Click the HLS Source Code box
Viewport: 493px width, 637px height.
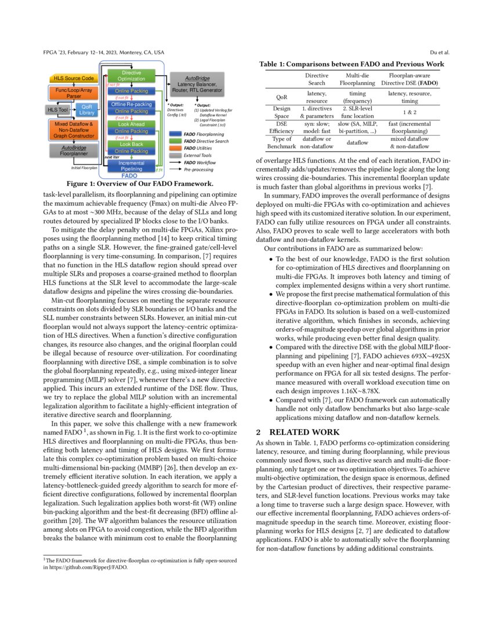(74, 78)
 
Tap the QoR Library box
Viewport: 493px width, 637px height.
(88, 109)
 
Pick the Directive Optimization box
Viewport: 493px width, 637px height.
(131, 75)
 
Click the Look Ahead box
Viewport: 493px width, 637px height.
(131, 124)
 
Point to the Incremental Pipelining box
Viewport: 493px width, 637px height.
(131, 166)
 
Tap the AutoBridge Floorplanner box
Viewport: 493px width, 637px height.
(74, 151)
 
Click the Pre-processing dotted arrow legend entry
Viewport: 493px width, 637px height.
(174, 170)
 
